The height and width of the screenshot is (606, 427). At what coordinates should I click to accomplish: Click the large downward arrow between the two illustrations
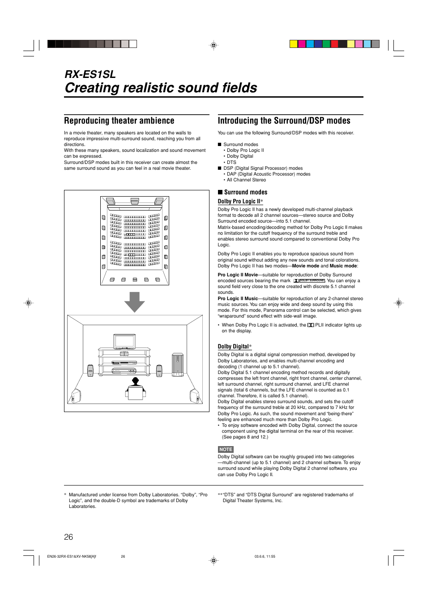pyautogui.click(x=134, y=302)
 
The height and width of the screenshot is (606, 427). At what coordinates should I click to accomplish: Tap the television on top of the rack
pyautogui.click(x=124, y=341)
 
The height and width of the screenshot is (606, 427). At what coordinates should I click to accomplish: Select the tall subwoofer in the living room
pyautogui.click(x=178, y=364)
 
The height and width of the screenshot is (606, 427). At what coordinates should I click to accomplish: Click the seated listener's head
pyautogui.click(x=135, y=381)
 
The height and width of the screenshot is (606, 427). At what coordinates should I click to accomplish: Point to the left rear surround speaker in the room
pyautogui.click(x=76, y=396)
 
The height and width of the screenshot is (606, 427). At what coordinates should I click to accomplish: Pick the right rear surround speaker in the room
pyautogui.click(x=194, y=396)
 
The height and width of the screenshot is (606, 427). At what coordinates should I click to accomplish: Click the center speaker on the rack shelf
pyautogui.click(x=124, y=354)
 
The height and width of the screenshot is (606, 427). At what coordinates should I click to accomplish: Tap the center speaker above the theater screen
pyautogui.click(x=135, y=201)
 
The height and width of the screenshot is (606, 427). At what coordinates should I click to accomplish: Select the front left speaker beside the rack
pyautogui.click(x=90, y=370)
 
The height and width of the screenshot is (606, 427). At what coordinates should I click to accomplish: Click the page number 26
pyautogui.click(x=68, y=537)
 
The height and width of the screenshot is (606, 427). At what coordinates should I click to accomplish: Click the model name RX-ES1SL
pyautogui.click(x=90, y=74)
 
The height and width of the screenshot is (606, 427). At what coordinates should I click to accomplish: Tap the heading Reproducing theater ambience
pyautogui.click(x=119, y=121)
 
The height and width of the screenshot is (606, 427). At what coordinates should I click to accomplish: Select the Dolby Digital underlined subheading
pyautogui.click(x=233, y=347)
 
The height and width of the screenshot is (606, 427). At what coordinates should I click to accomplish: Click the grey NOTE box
pyautogui.click(x=226, y=449)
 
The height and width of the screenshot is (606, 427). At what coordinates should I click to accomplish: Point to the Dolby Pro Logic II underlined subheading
pyautogui.click(x=239, y=202)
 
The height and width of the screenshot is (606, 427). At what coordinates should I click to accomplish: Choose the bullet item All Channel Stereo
pyautogui.click(x=246, y=180)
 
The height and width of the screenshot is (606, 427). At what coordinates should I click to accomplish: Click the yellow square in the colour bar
pyautogui.click(x=293, y=44)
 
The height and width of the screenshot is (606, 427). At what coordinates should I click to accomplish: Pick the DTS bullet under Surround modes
pyautogui.click(x=231, y=163)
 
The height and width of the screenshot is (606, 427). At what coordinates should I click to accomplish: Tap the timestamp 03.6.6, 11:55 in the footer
pyautogui.click(x=265, y=556)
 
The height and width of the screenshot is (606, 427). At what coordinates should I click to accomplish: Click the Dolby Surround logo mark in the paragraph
pyautogui.click(x=309, y=281)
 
